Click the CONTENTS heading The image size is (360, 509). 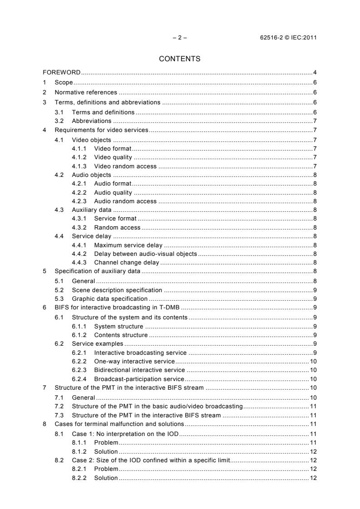point(180,59)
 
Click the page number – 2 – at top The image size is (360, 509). point(180,38)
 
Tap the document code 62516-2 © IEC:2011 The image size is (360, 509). point(285,38)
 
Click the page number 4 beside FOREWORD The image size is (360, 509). point(315,73)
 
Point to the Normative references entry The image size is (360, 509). point(86,92)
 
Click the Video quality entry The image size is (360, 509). point(113,157)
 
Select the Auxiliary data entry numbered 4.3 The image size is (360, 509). point(91,209)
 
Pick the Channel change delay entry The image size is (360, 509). point(126,262)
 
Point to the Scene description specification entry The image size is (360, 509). point(117,289)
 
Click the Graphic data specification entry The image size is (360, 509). point(109,299)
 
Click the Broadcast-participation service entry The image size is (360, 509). point(139,379)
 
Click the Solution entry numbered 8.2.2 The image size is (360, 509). point(106,478)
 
